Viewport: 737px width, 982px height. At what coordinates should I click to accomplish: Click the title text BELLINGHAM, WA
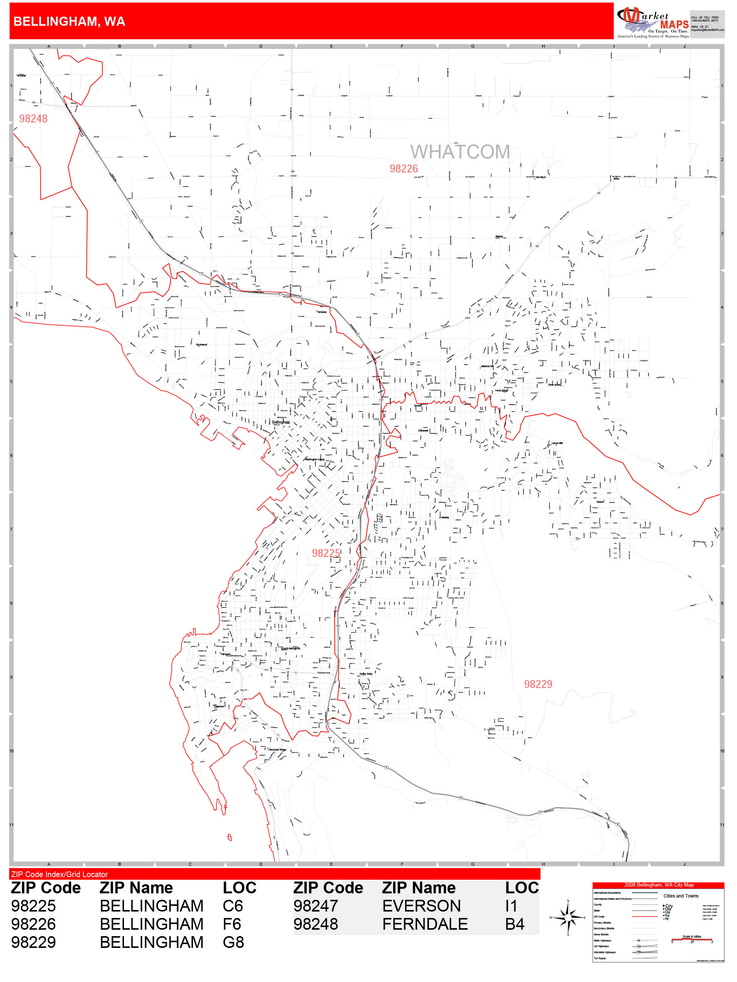coord(69,21)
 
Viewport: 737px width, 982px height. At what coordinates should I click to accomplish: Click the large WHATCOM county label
coord(460,152)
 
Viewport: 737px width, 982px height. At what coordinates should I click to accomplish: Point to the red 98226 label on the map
coord(403,169)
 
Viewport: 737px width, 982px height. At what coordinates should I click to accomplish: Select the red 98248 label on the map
coord(33,119)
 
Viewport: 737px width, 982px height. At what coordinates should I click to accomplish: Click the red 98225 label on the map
coord(326,553)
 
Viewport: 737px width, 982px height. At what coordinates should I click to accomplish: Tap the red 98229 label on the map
coord(538,684)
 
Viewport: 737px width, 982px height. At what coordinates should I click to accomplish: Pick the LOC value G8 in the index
coord(233,943)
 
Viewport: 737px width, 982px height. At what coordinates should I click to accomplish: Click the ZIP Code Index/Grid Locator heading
coord(60,874)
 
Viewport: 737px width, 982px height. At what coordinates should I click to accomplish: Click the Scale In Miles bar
coord(691,940)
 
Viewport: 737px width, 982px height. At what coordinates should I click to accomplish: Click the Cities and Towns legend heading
coord(681,896)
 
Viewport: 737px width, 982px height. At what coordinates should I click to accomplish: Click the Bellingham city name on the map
coord(281,422)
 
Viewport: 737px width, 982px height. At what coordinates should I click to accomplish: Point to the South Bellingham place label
coord(291,649)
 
